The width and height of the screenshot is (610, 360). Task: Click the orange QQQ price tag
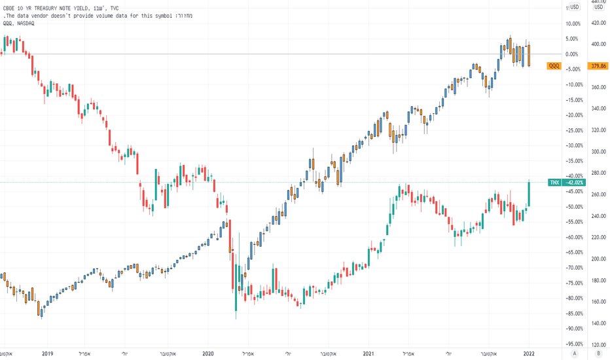[554, 65]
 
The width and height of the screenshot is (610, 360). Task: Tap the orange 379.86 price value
[598, 65]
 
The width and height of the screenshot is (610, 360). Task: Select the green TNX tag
[554, 182]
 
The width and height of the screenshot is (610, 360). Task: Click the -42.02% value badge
[575, 182]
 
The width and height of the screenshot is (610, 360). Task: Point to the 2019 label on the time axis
[48, 353]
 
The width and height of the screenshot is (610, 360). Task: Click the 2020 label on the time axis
[208, 353]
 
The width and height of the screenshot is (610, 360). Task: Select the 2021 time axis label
[368, 353]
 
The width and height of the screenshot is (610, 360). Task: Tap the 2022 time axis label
[529, 353]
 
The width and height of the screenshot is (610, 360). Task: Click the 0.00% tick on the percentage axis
[572, 54]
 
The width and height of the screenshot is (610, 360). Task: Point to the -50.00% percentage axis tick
[574, 207]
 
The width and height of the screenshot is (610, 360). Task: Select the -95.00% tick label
[574, 344]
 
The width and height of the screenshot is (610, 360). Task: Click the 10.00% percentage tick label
[573, 24]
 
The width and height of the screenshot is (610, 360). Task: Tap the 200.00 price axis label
[598, 259]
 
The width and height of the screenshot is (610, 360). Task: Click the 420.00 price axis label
[598, 22]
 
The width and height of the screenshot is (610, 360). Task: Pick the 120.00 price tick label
[598, 344]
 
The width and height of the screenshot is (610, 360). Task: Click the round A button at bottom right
[574, 353]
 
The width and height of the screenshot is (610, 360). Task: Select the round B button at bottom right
[598, 353]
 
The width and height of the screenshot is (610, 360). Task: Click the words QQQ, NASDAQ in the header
[19, 24]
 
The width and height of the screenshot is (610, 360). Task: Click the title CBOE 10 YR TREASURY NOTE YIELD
[47, 8]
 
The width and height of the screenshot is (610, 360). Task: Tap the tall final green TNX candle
[529, 194]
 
